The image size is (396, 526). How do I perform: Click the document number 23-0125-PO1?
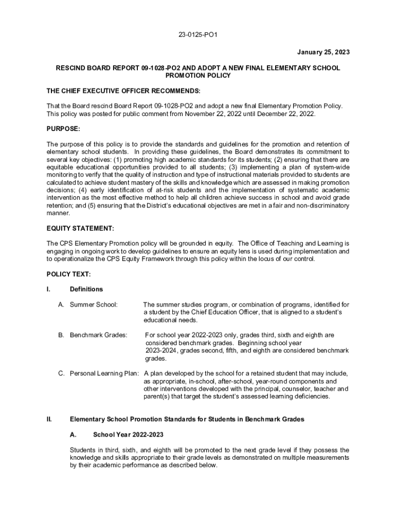(x=197, y=35)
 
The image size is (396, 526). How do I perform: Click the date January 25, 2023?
(x=323, y=52)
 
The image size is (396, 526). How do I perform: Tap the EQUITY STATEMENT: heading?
(x=80, y=228)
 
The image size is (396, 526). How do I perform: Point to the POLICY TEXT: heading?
(x=68, y=274)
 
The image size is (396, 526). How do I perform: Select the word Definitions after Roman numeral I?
(x=86, y=289)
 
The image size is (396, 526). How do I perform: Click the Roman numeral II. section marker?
(x=49, y=419)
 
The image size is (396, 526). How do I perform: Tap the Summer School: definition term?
(x=94, y=305)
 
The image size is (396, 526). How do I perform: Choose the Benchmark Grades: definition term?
(x=98, y=335)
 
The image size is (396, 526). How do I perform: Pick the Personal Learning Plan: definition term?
(x=104, y=373)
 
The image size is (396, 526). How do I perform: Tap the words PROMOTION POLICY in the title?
(x=198, y=76)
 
